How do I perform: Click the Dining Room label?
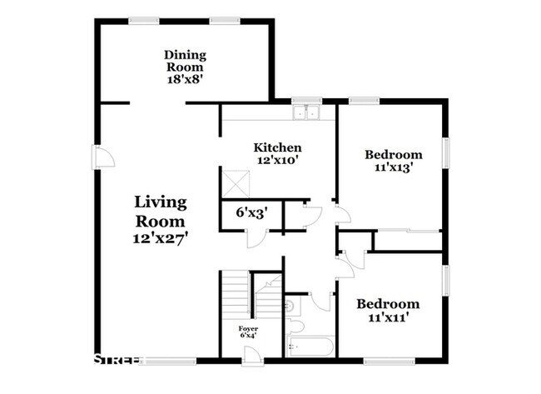point(185,61)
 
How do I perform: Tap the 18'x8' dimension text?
point(185,81)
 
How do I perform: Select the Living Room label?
point(161,212)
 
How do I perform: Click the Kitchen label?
point(277,147)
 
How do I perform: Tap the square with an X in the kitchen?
point(236,182)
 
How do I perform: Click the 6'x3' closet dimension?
point(250,212)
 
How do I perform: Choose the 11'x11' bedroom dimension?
point(389,317)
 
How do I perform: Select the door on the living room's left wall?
point(102,157)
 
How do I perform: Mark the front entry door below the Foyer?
point(251,354)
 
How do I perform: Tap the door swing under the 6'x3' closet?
point(258,237)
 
